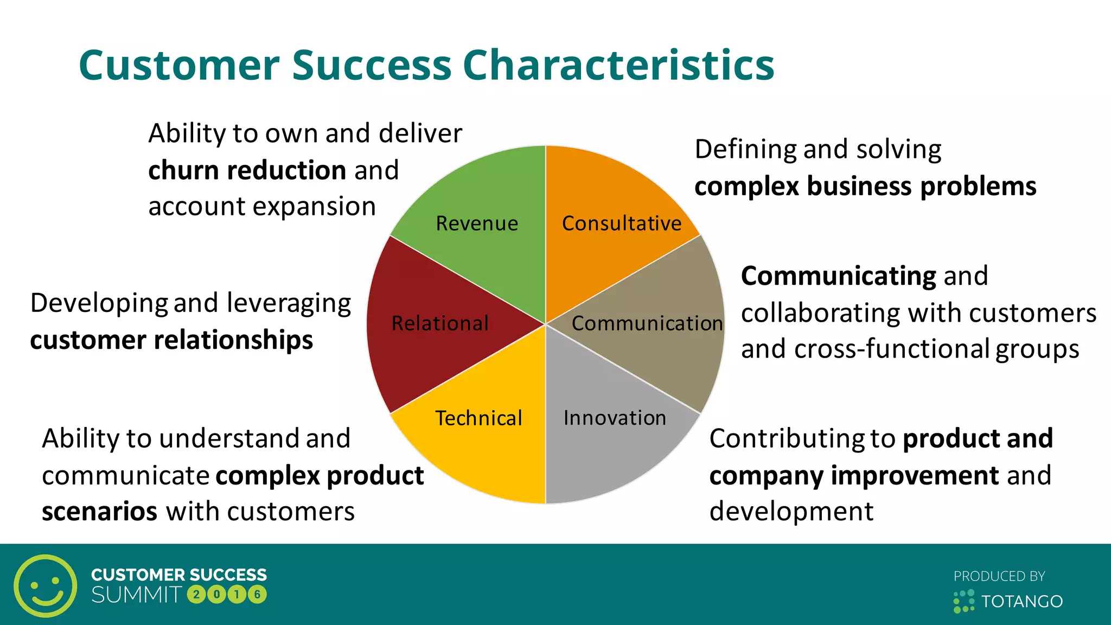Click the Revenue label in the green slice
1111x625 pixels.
click(477, 224)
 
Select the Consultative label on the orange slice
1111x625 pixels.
click(622, 224)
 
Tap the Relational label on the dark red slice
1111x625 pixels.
click(440, 323)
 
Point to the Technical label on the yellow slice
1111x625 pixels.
click(478, 418)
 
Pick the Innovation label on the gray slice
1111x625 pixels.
click(615, 418)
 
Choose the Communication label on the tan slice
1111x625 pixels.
click(647, 323)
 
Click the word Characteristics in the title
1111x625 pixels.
click(618, 65)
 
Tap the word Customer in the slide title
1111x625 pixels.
click(179, 65)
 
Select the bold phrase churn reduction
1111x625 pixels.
click(247, 170)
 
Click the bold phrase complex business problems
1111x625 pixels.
click(865, 186)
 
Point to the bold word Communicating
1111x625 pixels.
click(838, 276)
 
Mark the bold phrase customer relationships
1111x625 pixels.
click(171, 340)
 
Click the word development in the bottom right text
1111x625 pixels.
click(791, 511)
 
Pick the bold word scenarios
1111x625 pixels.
click(100, 511)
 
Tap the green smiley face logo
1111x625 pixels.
click(46, 586)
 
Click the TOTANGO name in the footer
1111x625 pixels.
click(1021, 601)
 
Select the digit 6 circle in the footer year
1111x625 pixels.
click(257, 595)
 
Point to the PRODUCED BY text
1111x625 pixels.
click(999, 576)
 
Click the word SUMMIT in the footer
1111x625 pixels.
click(137, 595)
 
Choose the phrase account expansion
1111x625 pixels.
click(262, 207)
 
